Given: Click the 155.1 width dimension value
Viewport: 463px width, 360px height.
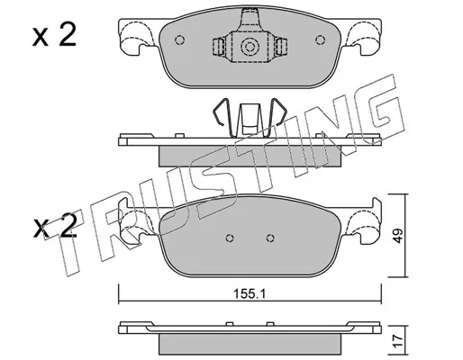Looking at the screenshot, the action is tap(250, 293).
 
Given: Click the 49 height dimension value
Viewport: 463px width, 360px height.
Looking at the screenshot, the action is tap(398, 236).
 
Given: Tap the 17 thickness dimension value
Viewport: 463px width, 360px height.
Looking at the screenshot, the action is tap(398, 342).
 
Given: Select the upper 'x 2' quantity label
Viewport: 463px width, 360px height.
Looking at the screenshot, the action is tap(54, 35).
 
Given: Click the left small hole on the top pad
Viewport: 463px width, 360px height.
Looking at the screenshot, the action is tap(179, 40).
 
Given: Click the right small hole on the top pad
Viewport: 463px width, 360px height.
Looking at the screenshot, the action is tap(321, 40).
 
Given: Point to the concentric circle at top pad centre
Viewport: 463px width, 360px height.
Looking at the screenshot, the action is tap(250, 47).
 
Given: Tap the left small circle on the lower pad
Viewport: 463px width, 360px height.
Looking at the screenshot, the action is tap(230, 238).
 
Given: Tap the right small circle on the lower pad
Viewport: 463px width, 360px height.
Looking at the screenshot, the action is tap(270, 238).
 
